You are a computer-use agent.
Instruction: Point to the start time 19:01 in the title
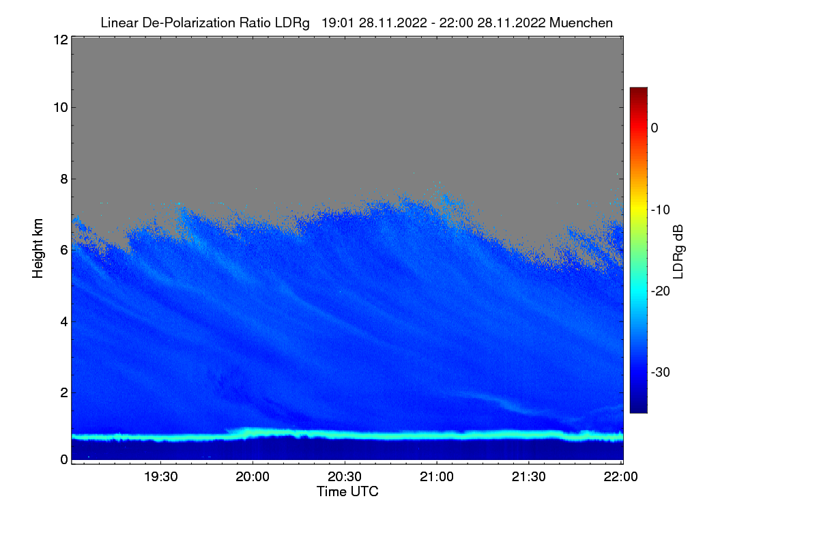336,23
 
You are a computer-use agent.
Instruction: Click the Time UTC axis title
347,491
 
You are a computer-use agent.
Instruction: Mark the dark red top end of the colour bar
638,91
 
